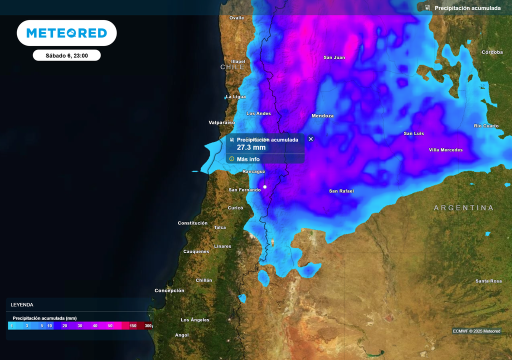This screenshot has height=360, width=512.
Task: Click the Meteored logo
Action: (66, 33)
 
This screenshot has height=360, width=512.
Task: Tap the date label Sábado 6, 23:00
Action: (66, 55)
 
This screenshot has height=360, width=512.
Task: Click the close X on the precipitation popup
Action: (310, 139)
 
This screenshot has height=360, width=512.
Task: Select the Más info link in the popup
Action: (248, 159)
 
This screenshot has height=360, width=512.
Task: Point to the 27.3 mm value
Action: (251, 147)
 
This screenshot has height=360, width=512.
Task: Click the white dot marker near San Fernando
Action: (265, 187)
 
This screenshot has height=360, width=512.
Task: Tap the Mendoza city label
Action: (322, 116)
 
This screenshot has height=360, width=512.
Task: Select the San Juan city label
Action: (334, 57)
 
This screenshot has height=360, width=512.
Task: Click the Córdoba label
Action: (492, 52)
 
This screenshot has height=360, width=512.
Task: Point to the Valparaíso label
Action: (221, 122)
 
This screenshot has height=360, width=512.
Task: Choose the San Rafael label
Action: (341, 191)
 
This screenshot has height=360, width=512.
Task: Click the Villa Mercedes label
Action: (445, 150)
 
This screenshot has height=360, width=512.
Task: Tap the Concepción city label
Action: (169, 290)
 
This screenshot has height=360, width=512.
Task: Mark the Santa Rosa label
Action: (488, 281)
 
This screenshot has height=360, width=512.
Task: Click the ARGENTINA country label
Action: (463, 207)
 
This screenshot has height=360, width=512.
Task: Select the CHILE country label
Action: (232, 67)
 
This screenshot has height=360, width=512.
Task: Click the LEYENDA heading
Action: (22, 304)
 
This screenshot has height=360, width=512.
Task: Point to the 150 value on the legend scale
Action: (133, 326)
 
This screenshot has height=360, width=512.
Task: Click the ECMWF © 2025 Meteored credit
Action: (476, 331)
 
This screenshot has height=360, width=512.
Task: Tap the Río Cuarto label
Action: (486, 126)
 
